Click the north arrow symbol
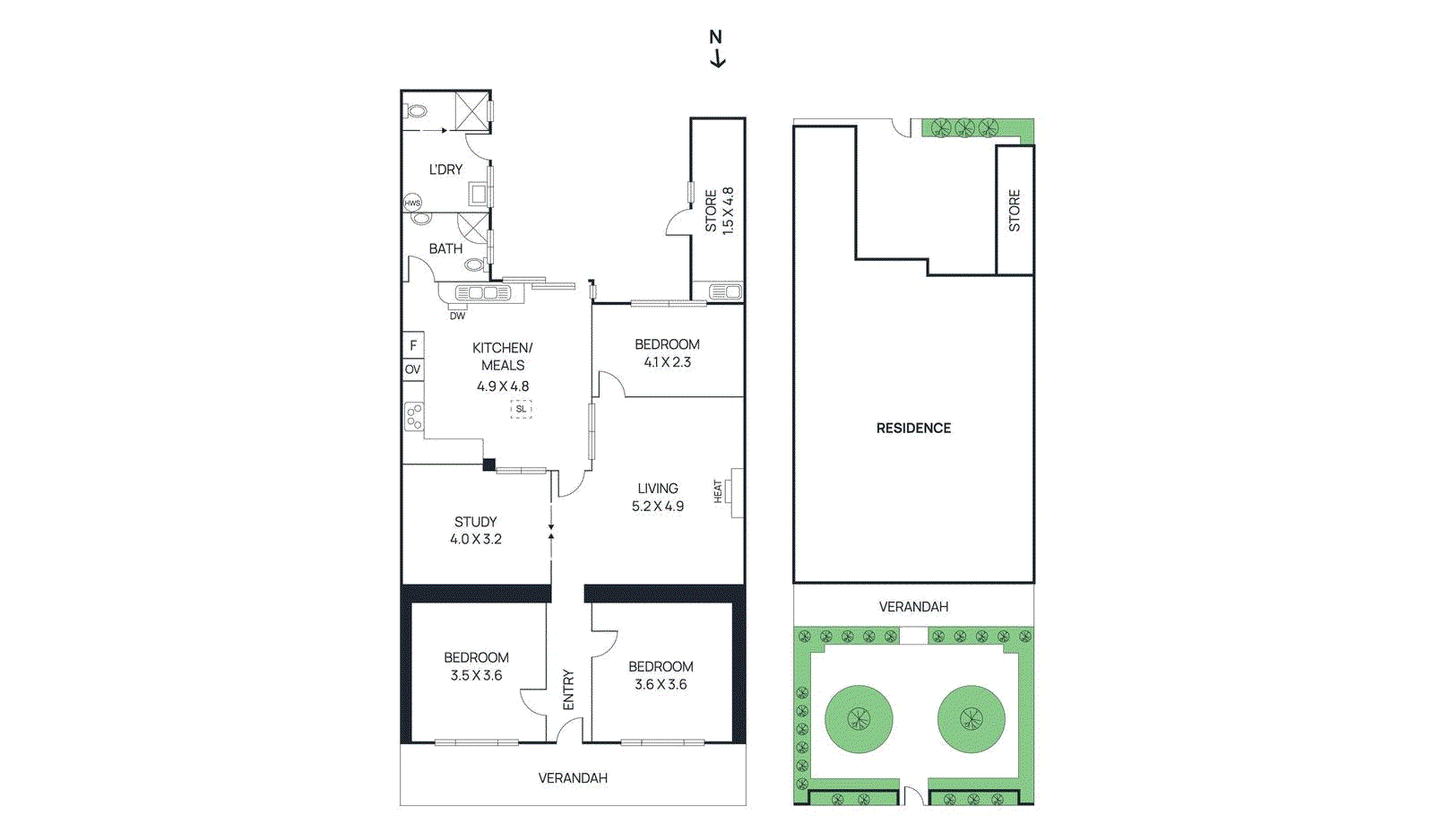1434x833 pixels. point(716,49)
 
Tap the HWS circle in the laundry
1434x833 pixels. point(412,204)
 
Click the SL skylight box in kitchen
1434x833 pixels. point(521,409)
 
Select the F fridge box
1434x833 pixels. point(413,345)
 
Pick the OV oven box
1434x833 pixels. point(412,369)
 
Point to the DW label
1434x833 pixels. point(457,316)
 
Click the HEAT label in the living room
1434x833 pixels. point(718,491)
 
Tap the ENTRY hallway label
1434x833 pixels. point(568,690)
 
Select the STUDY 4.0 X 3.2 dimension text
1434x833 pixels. point(476,540)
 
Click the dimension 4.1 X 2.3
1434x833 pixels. point(667,362)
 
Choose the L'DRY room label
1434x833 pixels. point(445,169)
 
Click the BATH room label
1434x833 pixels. point(445,248)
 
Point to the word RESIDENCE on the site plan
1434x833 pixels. point(913,429)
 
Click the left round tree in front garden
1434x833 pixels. point(859,719)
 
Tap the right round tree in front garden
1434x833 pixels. point(971,719)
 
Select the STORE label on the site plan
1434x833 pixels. point(1015,211)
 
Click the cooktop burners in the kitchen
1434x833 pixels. point(413,416)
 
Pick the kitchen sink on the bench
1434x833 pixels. point(482,293)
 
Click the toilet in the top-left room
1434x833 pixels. point(417,111)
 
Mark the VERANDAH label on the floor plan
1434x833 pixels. point(573,778)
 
